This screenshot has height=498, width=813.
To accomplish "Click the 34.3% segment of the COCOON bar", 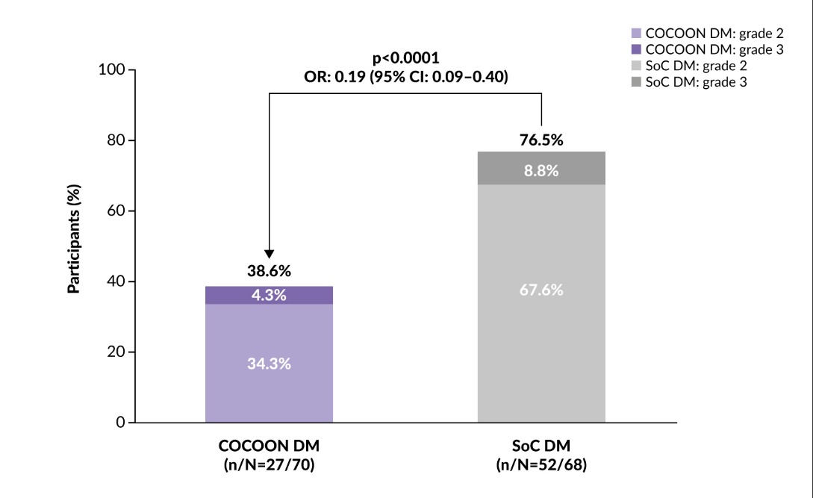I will point(269,364).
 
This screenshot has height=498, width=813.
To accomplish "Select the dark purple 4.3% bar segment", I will point(269,295).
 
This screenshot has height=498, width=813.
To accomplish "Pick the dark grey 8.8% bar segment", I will point(541,170).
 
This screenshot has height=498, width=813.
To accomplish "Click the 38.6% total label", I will point(269,271).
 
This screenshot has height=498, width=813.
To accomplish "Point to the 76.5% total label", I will point(541,139).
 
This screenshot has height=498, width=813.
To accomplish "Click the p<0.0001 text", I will point(406,59).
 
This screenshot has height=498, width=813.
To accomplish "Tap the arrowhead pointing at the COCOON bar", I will point(270,253).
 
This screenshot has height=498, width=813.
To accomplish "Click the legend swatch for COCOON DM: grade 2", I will point(637,33).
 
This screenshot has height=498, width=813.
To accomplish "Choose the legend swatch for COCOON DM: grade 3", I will point(637,49).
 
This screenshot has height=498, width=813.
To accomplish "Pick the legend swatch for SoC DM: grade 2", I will point(637,66).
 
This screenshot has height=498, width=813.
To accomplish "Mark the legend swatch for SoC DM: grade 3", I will point(637,82).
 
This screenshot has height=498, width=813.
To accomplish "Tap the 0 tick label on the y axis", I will point(120,423).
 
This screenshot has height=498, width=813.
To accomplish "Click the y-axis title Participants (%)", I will point(74,246).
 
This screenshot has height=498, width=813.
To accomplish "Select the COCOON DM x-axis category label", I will point(269,446).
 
